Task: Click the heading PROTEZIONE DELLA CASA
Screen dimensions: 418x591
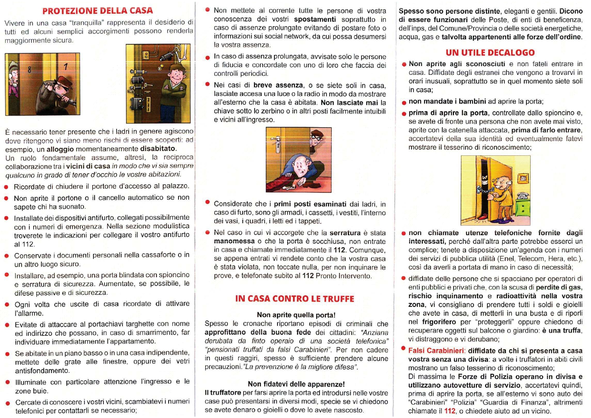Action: tap(98, 11)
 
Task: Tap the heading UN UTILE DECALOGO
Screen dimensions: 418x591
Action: tap(490, 53)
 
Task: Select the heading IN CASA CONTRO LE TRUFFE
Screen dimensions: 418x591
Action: tap(295, 299)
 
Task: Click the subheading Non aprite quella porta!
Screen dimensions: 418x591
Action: tap(296, 315)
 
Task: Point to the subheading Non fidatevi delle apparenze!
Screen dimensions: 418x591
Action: tap(296, 384)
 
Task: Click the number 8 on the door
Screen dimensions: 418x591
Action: tap(30, 70)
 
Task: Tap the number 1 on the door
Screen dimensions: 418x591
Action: tap(66, 67)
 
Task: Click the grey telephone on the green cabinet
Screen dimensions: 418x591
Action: tap(522, 196)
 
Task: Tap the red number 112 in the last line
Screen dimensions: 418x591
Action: tap(450, 411)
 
